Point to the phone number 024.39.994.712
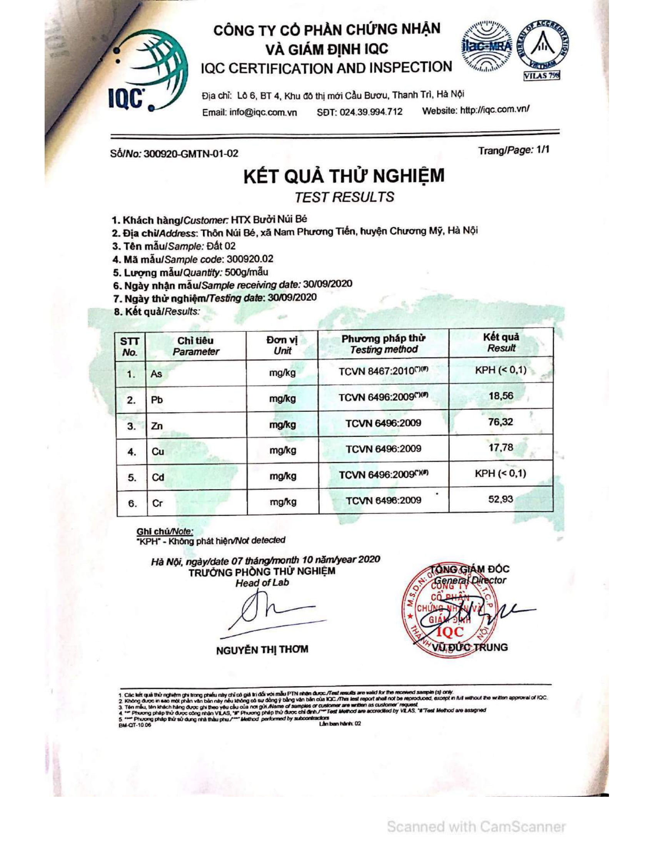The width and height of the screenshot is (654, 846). click(x=370, y=112)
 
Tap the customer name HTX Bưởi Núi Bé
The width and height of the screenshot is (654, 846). click(x=269, y=220)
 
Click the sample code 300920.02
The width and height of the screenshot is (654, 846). click(x=250, y=259)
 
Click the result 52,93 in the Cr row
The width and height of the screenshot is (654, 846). click(x=501, y=499)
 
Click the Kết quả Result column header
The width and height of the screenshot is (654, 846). click(x=501, y=342)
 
